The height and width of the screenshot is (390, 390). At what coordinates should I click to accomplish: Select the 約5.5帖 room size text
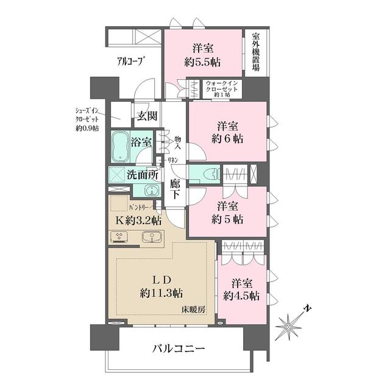click(x=203, y=62)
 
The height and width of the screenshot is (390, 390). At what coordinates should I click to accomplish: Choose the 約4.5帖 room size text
click(x=241, y=296)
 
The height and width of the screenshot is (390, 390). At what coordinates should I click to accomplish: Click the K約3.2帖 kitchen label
click(x=135, y=221)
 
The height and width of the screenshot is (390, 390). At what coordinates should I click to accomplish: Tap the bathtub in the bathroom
click(x=122, y=147)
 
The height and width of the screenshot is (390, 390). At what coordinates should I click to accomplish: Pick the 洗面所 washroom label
click(x=143, y=174)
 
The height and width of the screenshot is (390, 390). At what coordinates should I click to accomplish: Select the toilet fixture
click(x=207, y=174)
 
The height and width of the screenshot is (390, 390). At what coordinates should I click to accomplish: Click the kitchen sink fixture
click(x=148, y=237)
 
